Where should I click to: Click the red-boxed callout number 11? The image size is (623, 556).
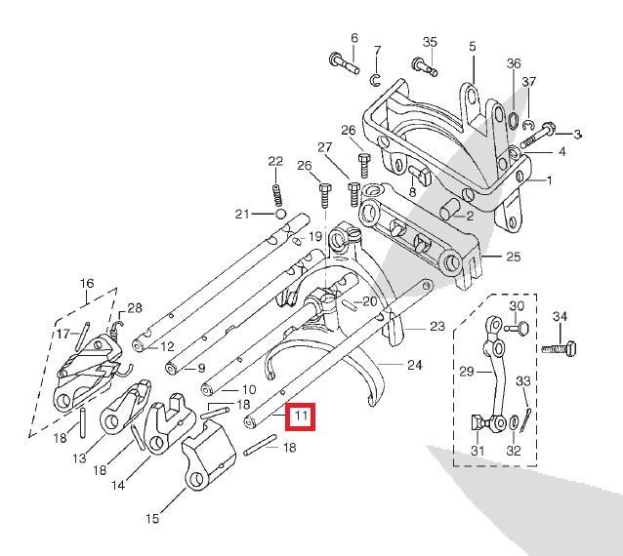coord(302,417)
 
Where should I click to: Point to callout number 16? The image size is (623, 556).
coord(87,284)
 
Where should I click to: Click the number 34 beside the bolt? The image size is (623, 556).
coord(560,317)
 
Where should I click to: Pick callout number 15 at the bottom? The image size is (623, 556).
coord(152,519)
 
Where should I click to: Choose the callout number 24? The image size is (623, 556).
coord(414,367)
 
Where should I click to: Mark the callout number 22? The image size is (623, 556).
coord(275,161)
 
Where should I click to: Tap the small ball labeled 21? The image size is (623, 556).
coord(280,214)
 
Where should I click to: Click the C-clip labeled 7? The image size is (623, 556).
coord(376,78)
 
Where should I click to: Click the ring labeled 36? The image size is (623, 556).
coord(512,120)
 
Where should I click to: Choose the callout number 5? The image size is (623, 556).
coord(472,46)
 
